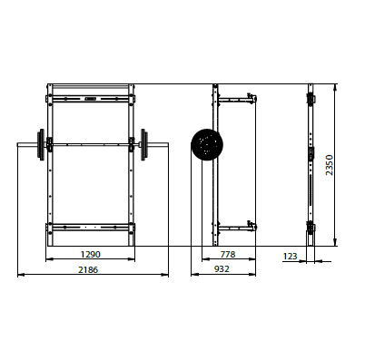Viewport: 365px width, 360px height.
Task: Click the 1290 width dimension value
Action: click(x=88, y=256)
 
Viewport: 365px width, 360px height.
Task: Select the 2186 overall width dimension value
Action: click(x=88, y=269)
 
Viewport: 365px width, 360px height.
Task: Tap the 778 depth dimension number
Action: click(x=228, y=256)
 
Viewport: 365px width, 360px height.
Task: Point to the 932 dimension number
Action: click(x=222, y=269)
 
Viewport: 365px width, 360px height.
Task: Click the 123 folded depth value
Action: click(x=291, y=257)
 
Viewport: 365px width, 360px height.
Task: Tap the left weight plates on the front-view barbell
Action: click(x=41, y=142)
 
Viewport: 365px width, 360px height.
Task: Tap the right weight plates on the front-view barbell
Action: click(x=143, y=142)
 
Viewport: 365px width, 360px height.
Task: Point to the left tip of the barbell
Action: click(x=18, y=142)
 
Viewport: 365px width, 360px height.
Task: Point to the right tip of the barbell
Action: click(x=168, y=142)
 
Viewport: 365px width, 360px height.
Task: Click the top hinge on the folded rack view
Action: click(x=311, y=96)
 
